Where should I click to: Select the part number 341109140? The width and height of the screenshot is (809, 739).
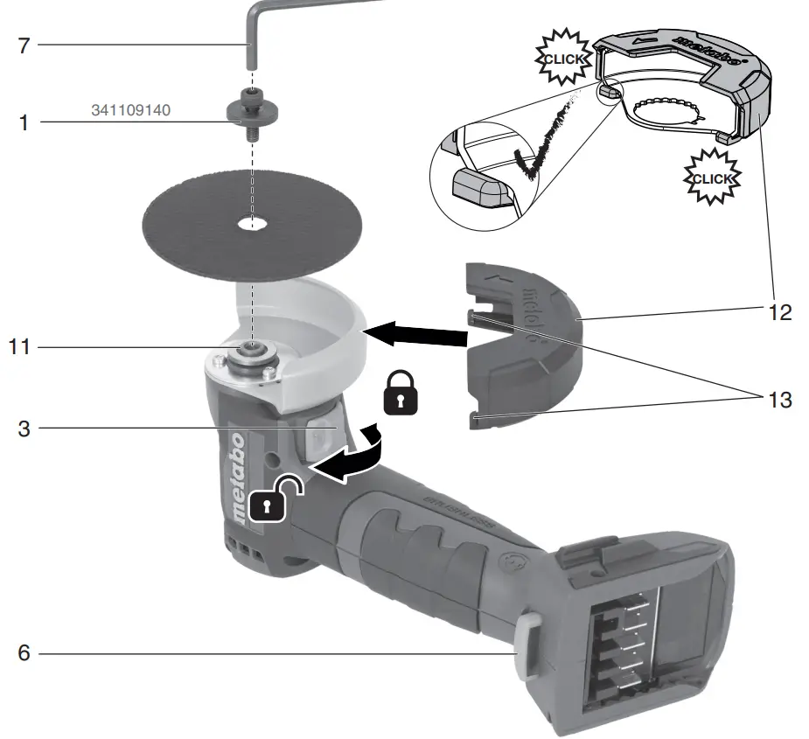point(130,111)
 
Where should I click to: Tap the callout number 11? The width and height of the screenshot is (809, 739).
point(18,347)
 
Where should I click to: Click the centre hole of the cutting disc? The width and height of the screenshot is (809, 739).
point(253,224)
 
